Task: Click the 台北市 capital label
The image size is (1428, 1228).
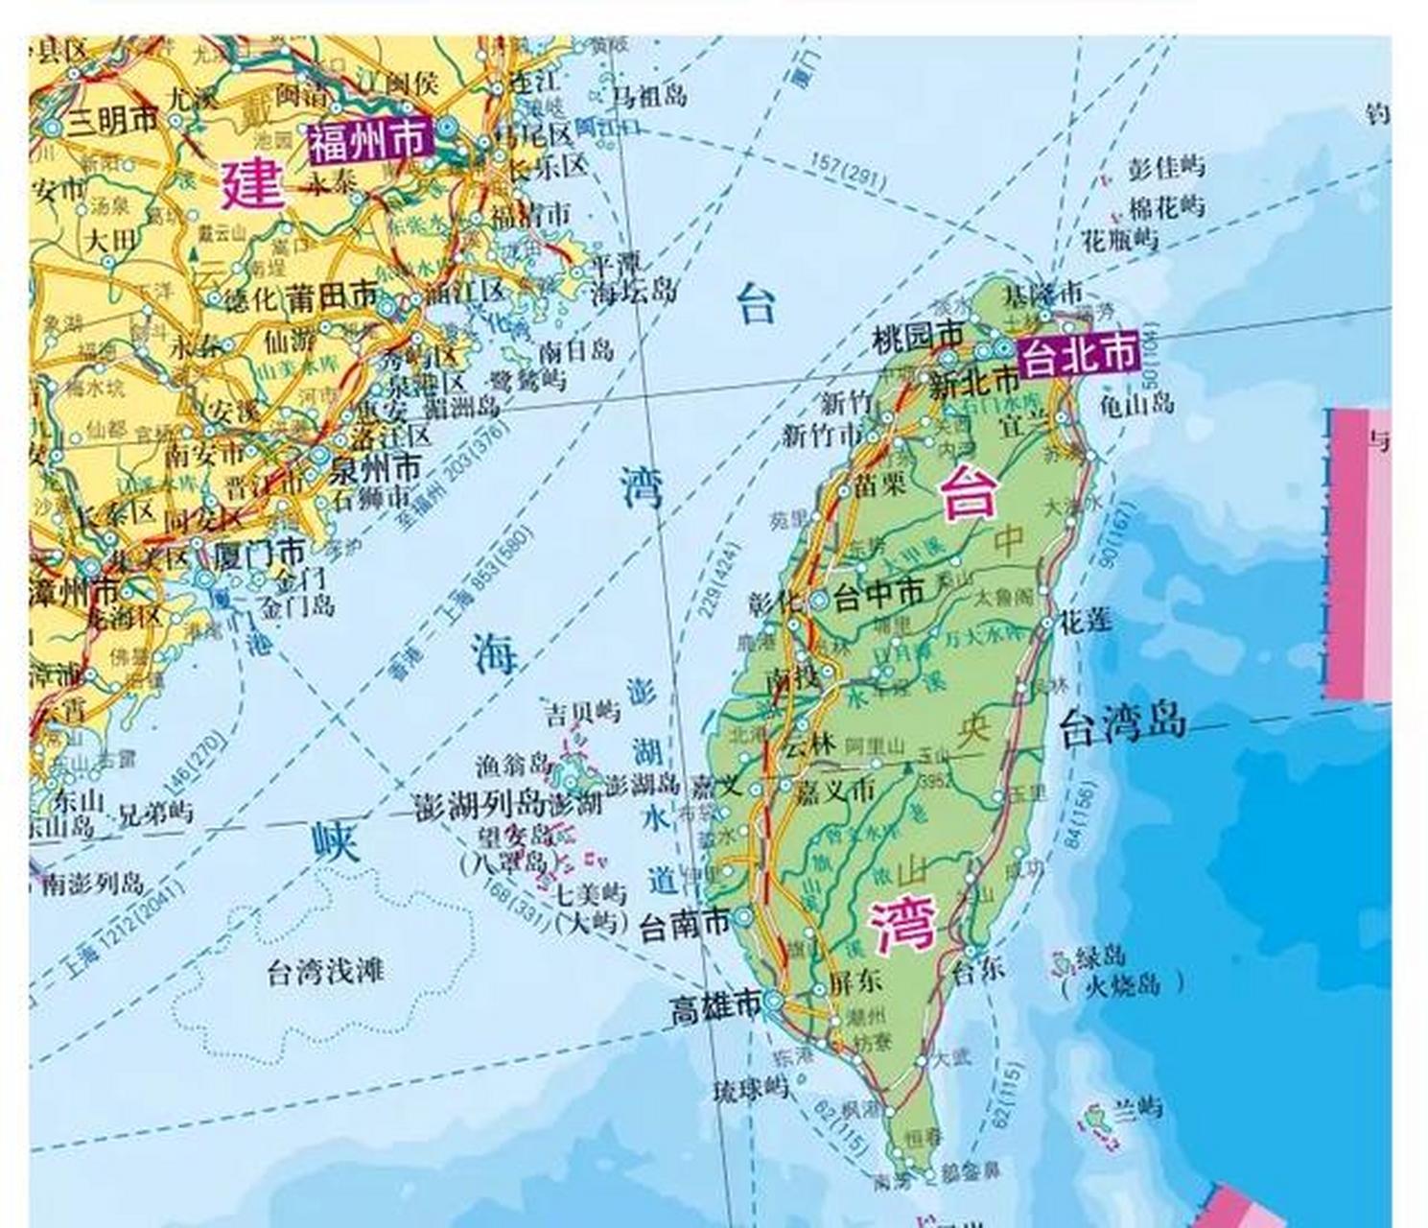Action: click(1078, 354)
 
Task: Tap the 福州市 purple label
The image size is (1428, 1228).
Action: click(368, 142)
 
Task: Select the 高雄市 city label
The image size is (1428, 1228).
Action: click(715, 1009)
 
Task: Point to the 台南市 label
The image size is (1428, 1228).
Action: click(685, 925)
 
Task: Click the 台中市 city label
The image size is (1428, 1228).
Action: click(878, 597)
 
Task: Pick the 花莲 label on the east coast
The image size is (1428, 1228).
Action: click(1085, 621)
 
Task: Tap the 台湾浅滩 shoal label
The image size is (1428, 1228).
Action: click(325, 973)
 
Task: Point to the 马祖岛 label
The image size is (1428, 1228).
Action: click(650, 94)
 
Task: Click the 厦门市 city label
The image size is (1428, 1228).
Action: click(261, 553)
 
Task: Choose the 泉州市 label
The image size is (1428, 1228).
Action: click(375, 469)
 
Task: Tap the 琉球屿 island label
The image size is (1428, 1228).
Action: click(750, 1090)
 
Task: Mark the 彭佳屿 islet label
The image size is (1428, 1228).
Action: click(1165, 167)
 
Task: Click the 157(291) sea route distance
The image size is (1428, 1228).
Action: click(848, 171)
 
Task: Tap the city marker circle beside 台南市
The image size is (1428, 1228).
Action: click(744, 919)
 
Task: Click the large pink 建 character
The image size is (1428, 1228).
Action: click(253, 184)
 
